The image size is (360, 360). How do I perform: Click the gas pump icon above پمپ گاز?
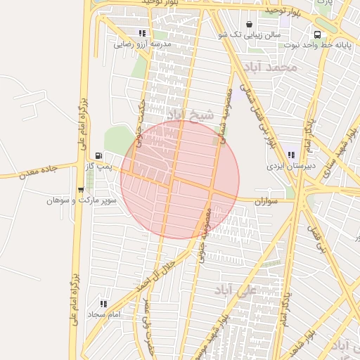(98, 155)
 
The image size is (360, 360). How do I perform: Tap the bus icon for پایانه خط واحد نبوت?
(318, 34)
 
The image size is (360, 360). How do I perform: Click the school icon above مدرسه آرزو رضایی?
(143, 33)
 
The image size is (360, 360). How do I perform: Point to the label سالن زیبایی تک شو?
(250, 34)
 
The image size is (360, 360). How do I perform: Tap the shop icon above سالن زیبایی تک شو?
(250, 24)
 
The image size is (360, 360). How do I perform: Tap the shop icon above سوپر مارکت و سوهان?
(81, 190)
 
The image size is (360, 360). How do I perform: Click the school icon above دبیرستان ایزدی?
(290, 155)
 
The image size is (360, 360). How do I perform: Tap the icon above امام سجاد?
(103, 304)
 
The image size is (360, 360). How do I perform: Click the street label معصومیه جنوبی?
(205, 238)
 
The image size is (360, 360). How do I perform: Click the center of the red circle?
(180, 179)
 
